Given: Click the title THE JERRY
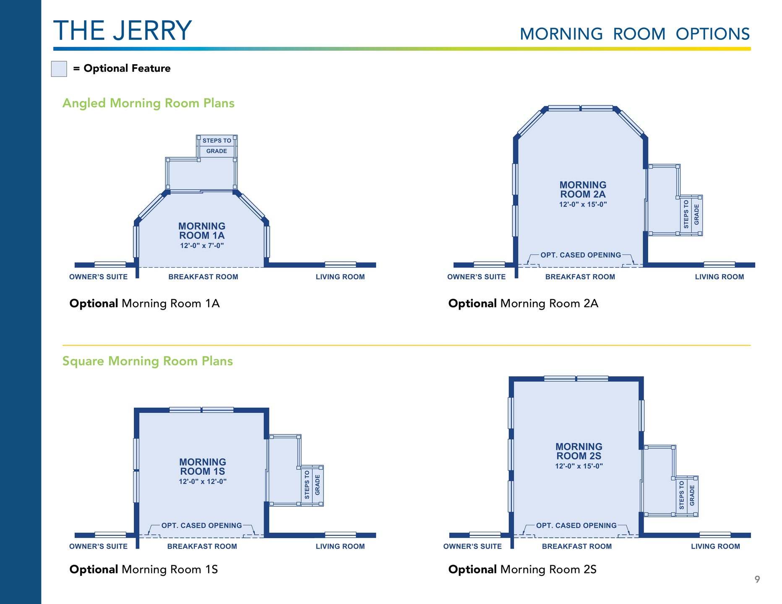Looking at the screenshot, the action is (x=123, y=31).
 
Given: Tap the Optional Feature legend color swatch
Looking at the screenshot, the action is (x=59, y=69).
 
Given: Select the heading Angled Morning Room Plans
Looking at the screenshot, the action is (x=149, y=103).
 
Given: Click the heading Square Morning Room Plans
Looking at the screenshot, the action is (x=148, y=361).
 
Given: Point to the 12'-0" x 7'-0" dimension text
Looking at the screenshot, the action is (x=202, y=246).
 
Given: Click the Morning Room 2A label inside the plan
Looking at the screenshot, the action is (x=583, y=190).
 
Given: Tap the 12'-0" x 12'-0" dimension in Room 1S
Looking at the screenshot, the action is (x=203, y=482).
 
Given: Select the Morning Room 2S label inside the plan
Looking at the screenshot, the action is (x=579, y=451).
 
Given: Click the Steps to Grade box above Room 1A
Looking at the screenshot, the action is (x=216, y=146).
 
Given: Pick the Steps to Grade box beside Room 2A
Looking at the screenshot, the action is (x=691, y=215).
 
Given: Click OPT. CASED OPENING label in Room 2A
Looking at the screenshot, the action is (x=581, y=255).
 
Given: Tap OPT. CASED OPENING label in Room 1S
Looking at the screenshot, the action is (x=202, y=526).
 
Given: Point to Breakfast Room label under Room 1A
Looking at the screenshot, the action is (x=203, y=277).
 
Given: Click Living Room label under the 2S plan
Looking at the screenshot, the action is (x=716, y=547).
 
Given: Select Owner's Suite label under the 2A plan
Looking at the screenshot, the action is (x=476, y=277).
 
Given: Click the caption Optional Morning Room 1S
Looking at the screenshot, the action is (x=143, y=570).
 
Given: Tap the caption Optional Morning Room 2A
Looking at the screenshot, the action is (x=523, y=303).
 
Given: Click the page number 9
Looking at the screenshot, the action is (x=757, y=579).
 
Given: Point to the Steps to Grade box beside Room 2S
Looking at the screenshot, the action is (x=687, y=496).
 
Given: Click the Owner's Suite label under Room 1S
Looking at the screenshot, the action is (x=98, y=547).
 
